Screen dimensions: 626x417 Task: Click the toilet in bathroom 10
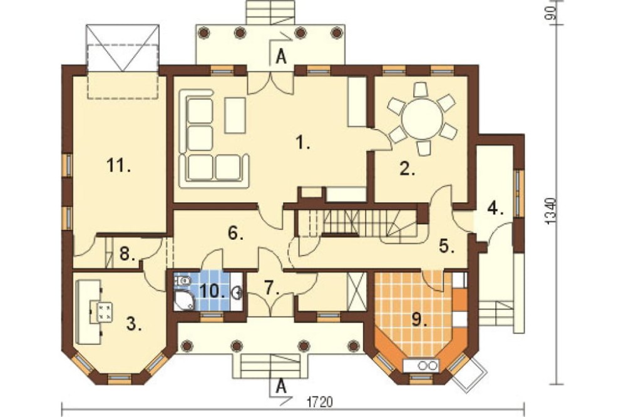[183, 281]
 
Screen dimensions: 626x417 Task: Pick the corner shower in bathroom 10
[183, 301]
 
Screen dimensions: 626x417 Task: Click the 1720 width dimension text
[319, 402]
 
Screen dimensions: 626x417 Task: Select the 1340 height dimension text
[552, 211]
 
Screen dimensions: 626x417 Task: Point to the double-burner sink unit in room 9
[421, 365]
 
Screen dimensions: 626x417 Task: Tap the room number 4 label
[495, 209]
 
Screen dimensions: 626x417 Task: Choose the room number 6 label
[235, 234]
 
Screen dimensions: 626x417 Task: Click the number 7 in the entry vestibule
[272, 289]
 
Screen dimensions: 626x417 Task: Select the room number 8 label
[127, 254]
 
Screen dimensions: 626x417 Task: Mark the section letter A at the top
[282, 58]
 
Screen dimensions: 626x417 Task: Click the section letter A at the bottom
[282, 387]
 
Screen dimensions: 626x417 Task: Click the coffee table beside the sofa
[235, 115]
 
